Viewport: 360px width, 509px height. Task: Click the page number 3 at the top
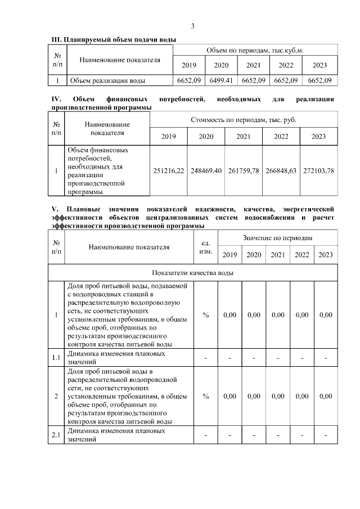(x=192, y=26)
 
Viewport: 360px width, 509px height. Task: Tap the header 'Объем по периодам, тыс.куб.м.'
(x=255, y=50)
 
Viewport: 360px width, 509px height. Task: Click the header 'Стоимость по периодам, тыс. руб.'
(x=244, y=120)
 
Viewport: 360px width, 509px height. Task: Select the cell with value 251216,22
(x=169, y=170)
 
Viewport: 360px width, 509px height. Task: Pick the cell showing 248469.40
(x=206, y=170)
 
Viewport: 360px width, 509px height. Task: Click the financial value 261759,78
(x=244, y=170)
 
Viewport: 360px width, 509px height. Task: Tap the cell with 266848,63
(x=281, y=170)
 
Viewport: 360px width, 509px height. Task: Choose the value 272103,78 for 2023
(x=318, y=170)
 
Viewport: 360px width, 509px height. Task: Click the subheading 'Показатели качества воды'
(x=193, y=273)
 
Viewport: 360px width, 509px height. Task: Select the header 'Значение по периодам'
(x=277, y=238)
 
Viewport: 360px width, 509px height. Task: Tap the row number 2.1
(x=56, y=435)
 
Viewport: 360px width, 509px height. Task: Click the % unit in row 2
(x=206, y=397)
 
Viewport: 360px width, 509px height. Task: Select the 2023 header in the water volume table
(x=319, y=65)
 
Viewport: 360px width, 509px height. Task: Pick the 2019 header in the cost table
(x=169, y=137)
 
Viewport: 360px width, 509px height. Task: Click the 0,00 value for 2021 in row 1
(x=278, y=315)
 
